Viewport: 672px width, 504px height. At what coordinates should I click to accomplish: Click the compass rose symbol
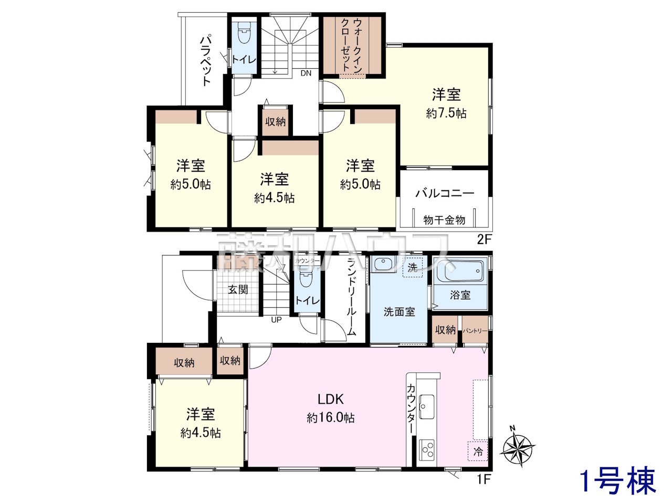click(518, 450)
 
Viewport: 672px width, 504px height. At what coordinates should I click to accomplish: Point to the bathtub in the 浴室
click(460, 271)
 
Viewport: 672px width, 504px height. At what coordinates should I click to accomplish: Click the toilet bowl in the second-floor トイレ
click(244, 34)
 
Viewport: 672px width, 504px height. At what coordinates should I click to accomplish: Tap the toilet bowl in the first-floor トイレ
click(304, 276)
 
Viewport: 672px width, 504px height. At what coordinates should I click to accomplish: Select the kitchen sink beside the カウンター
click(426, 407)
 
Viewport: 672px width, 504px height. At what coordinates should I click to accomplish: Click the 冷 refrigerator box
click(478, 451)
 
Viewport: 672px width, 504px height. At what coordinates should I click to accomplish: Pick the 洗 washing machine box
click(412, 267)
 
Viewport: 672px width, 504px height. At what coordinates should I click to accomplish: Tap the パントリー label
click(475, 331)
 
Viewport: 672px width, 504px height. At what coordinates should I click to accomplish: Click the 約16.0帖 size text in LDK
click(331, 418)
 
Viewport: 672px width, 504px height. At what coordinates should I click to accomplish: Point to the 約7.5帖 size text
click(446, 113)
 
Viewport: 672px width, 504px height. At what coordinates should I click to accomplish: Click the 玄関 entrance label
click(238, 289)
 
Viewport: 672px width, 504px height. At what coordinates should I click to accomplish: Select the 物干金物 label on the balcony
click(444, 220)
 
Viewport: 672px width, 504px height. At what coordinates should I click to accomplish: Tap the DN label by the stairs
click(306, 73)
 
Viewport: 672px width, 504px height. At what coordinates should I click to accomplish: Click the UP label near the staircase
click(276, 320)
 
